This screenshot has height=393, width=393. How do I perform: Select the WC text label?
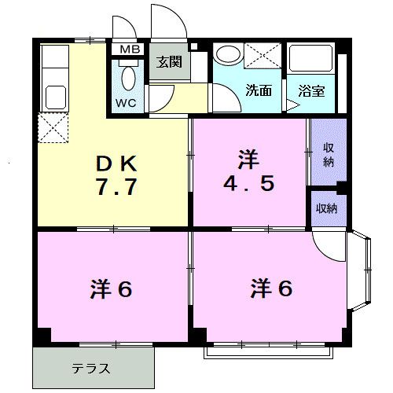click(127, 103)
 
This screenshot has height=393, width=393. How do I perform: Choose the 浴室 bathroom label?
click(311, 90)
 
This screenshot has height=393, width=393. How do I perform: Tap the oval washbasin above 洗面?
click(227, 55)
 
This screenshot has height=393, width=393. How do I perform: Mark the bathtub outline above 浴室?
click(312, 60)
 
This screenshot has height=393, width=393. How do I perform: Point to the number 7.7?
click(118, 189)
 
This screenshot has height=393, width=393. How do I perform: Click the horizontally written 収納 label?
click(326, 208)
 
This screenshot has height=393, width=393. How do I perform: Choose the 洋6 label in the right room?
click(271, 288)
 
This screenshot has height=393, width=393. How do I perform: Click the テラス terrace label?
click(91, 368)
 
